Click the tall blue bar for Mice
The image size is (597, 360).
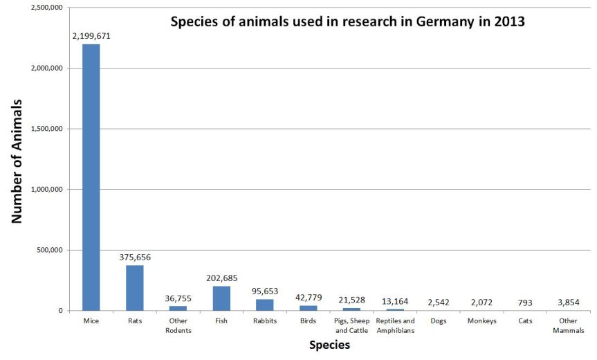click(91, 177)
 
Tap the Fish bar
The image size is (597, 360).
click(221, 298)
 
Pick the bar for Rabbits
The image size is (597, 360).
click(264, 305)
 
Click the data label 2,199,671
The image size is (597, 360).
click(91, 33)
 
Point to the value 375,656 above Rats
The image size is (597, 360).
click(134, 257)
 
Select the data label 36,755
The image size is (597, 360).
click(178, 298)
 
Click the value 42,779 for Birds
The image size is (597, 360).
click(308, 297)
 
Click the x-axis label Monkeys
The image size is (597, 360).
click(481, 321)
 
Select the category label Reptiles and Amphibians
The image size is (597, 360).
click(395, 325)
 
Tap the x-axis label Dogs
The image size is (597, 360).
click(438, 321)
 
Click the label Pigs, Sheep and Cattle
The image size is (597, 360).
click(351, 325)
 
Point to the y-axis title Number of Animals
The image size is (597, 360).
click(17, 160)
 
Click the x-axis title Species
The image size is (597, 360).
click(329, 345)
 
